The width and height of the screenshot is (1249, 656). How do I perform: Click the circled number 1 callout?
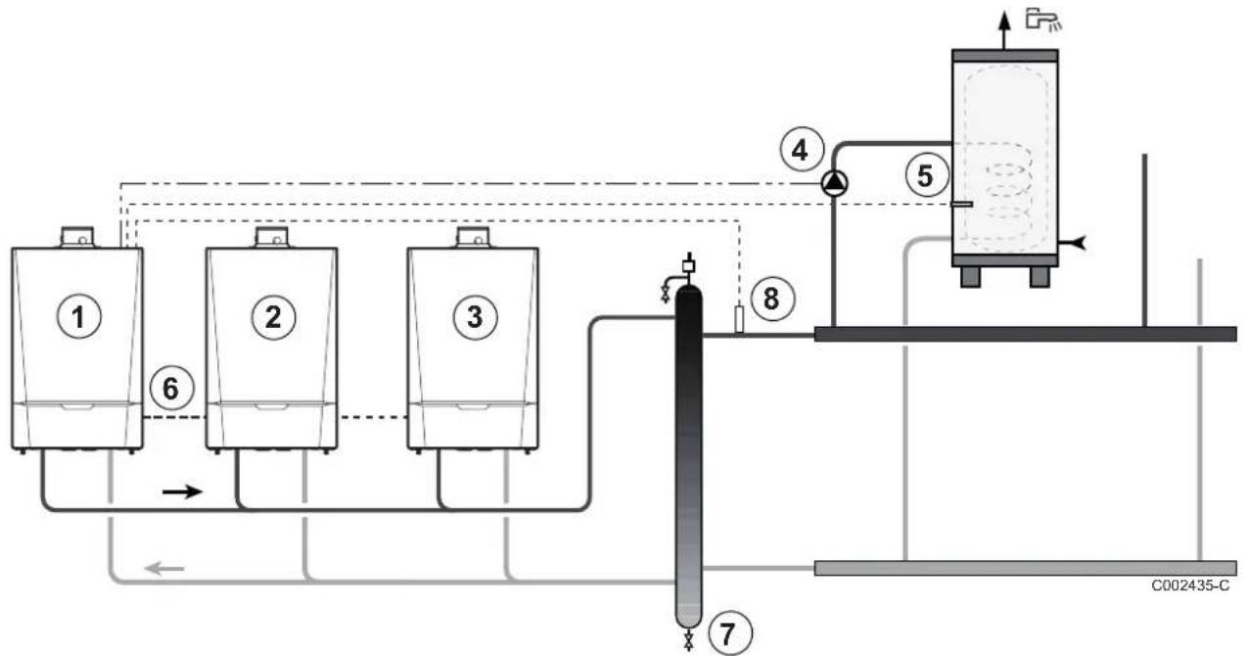click(78, 317)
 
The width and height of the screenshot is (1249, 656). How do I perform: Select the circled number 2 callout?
click(273, 317)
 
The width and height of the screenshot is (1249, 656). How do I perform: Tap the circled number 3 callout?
click(475, 317)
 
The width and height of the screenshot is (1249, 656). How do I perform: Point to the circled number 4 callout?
click(802, 150)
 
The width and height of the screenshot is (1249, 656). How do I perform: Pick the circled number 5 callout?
click(926, 175)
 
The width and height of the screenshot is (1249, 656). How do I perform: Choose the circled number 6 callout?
click(171, 388)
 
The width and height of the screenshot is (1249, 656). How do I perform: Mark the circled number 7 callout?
click(729, 633)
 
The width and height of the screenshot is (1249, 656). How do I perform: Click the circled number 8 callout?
click(772, 299)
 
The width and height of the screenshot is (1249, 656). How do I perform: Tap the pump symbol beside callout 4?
click(834, 183)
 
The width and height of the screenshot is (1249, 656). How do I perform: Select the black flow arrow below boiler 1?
click(182, 492)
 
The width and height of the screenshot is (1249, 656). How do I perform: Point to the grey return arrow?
click(164, 569)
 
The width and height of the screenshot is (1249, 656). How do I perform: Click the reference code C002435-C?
click(1190, 586)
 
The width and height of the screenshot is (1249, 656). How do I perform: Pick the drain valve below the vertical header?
click(689, 639)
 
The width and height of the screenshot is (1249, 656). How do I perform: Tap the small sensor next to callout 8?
click(739, 319)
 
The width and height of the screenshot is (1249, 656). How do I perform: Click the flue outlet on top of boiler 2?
click(272, 237)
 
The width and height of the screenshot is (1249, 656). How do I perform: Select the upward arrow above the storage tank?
click(1004, 30)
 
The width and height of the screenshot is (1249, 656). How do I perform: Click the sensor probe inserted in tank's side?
click(962, 205)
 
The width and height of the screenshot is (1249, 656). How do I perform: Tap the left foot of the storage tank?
click(971, 277)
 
